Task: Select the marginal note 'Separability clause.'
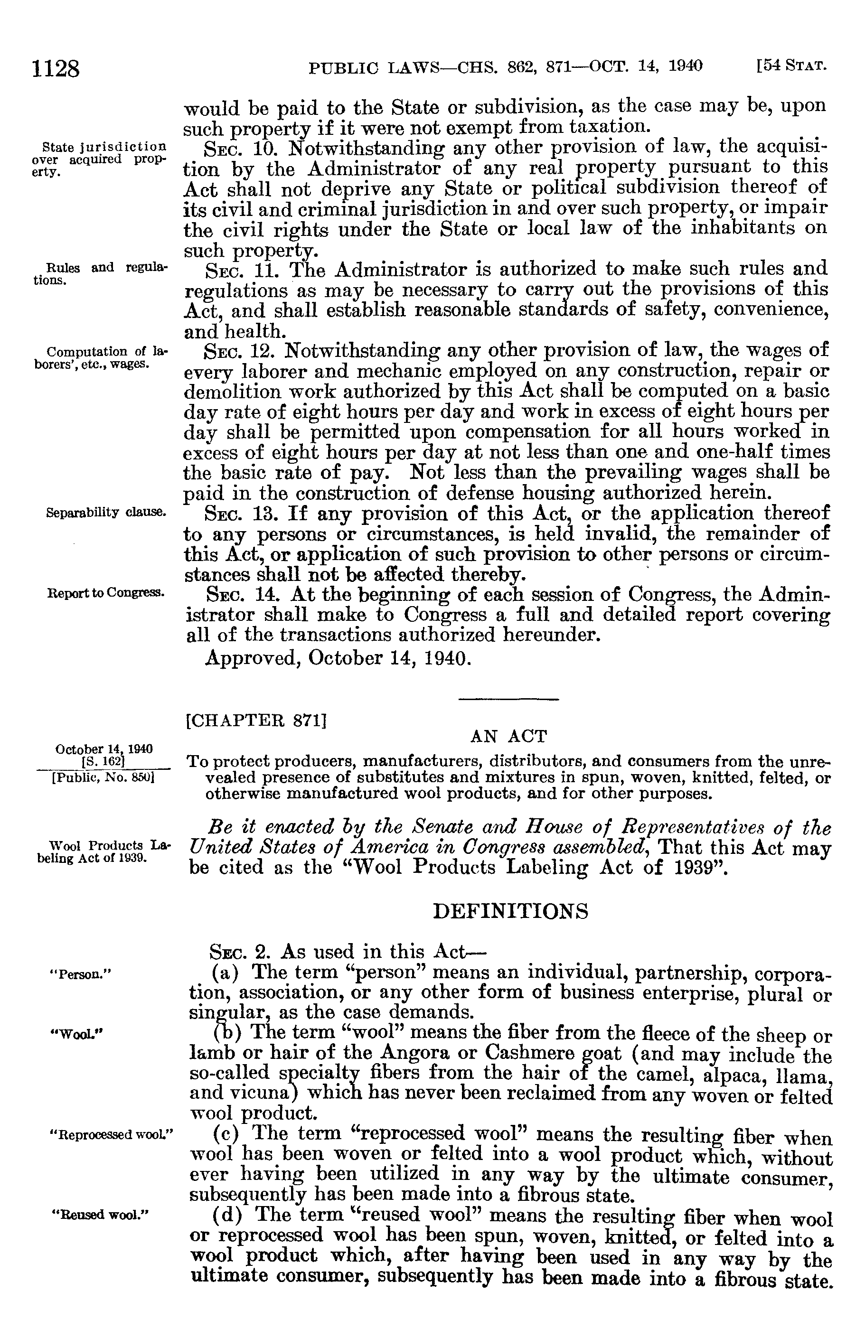click(106, 512)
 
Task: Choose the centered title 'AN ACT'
click(508, 736)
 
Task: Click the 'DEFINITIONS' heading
click(509, 910)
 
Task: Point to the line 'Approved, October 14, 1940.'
click(338, 658)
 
